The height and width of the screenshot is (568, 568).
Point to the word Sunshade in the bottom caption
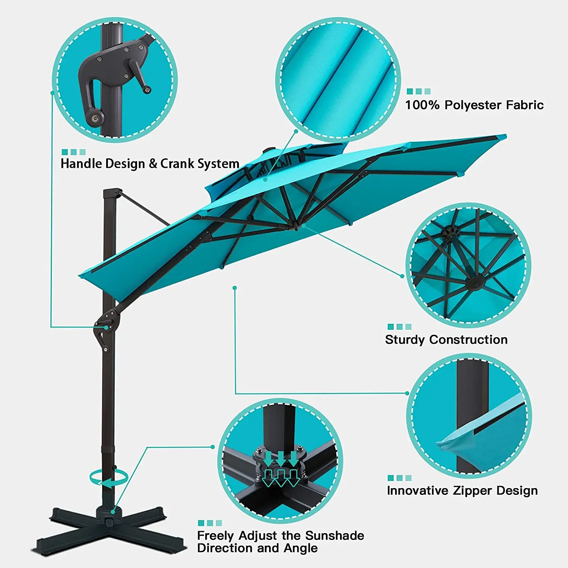pyautogui.click(x=334, y=535)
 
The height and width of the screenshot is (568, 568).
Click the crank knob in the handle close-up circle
pyautogui.click(x=147, y=90)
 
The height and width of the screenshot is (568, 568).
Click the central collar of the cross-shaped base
pyautogui.click(x=109, y=513)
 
